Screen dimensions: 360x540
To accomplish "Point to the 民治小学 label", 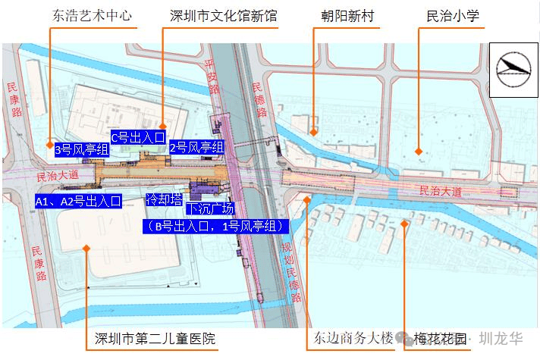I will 453,14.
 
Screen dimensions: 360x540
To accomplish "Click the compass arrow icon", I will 513,69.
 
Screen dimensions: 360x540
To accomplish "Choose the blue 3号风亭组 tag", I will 82,150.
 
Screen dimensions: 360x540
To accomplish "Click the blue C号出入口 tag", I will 137,137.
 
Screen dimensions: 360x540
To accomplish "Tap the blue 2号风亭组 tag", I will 196,147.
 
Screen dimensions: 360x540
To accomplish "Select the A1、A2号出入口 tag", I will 78,201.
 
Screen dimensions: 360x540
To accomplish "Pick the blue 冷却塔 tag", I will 164,199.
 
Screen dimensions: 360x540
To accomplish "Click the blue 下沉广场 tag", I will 211,208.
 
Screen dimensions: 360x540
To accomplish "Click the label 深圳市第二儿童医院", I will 155,338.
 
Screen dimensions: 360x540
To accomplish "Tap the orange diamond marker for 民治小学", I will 419,152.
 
